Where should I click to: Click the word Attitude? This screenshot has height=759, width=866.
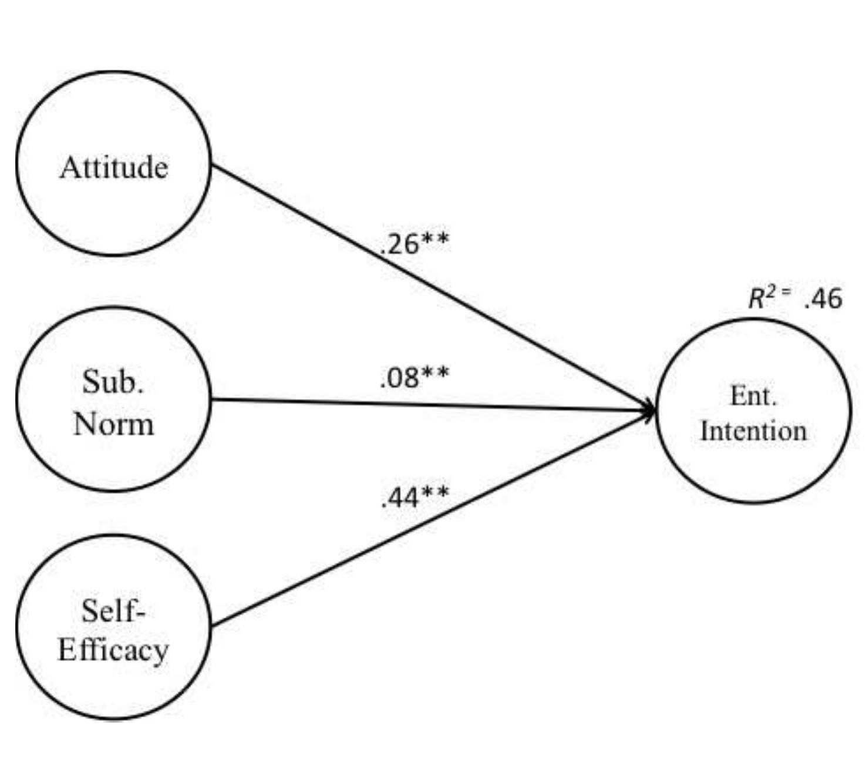[114, 167]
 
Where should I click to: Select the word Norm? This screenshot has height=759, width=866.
[114, 423]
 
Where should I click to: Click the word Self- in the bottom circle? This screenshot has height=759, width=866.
[113, 611]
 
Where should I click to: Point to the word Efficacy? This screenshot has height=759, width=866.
[113, 650]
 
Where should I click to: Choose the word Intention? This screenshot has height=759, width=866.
[753, 431]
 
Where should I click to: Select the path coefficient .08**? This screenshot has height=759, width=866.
[415, 377]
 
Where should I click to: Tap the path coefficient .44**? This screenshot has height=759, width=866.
[415, 498]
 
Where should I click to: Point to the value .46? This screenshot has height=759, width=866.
[823, 298]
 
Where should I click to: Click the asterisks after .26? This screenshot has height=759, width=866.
[435, 240]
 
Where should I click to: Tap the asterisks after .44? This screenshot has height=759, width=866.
[435, 493]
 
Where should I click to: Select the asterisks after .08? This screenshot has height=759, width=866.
[435, 373]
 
